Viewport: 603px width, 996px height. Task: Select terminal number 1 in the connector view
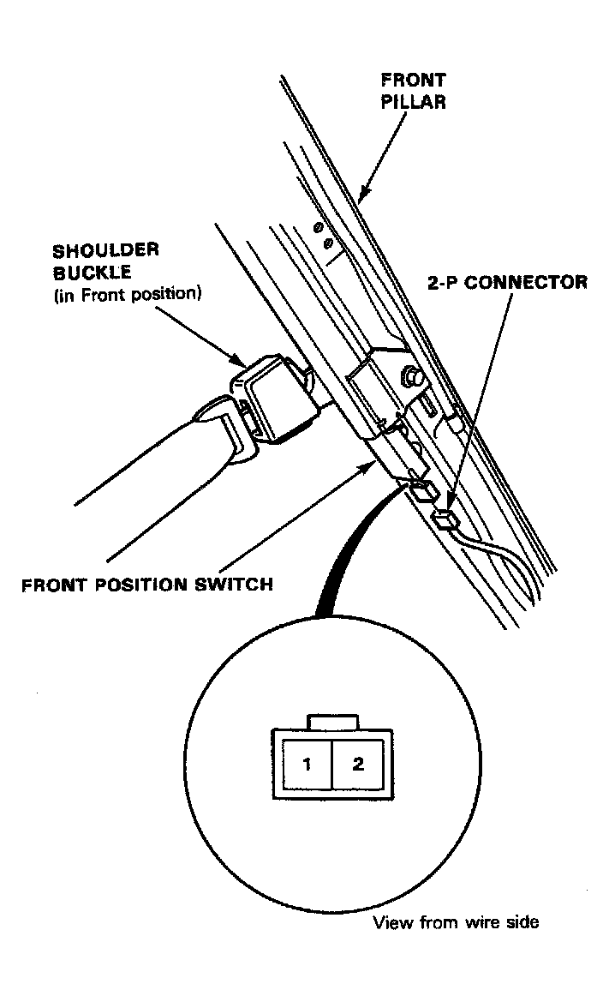click(307, 764)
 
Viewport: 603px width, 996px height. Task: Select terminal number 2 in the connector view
click(357, 764)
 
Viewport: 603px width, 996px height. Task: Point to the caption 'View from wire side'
click(455, 923)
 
